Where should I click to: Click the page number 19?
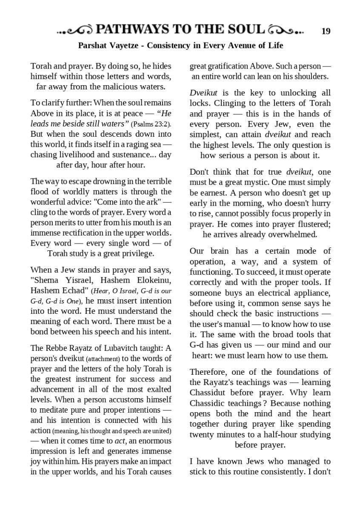coord(326,31)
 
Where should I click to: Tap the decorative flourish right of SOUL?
coord(286,31)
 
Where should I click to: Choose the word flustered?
coord(309,224)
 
